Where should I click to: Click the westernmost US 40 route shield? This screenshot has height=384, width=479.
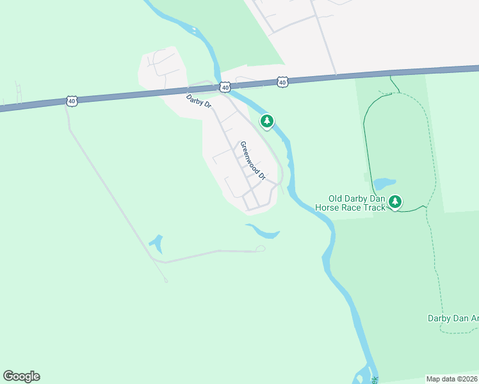(x=71, y=101)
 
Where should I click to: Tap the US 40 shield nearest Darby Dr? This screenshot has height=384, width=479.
(x=225, y=86)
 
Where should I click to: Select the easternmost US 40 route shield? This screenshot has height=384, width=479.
(x=282, y=82)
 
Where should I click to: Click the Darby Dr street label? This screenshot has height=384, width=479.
(x=199, y=102)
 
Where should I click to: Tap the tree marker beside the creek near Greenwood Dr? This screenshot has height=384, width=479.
(x=267, y=121)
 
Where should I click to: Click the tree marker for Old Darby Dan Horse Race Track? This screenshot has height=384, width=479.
(x=395, y=202)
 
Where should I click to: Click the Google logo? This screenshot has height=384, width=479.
(x=21, y=376)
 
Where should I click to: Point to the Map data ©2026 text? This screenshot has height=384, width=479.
(x=451, y=379)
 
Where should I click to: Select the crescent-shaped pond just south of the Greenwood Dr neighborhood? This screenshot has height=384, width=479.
(x=264, y=230)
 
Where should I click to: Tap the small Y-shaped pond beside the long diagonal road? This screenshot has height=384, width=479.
(x=156, y=243)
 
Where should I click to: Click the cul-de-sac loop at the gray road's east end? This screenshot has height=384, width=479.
(x=260, y=248)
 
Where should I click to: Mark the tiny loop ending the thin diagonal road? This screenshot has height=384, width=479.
(x=166, y=280)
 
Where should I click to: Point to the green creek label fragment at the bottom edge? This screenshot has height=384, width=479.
(x=375, y=379)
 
